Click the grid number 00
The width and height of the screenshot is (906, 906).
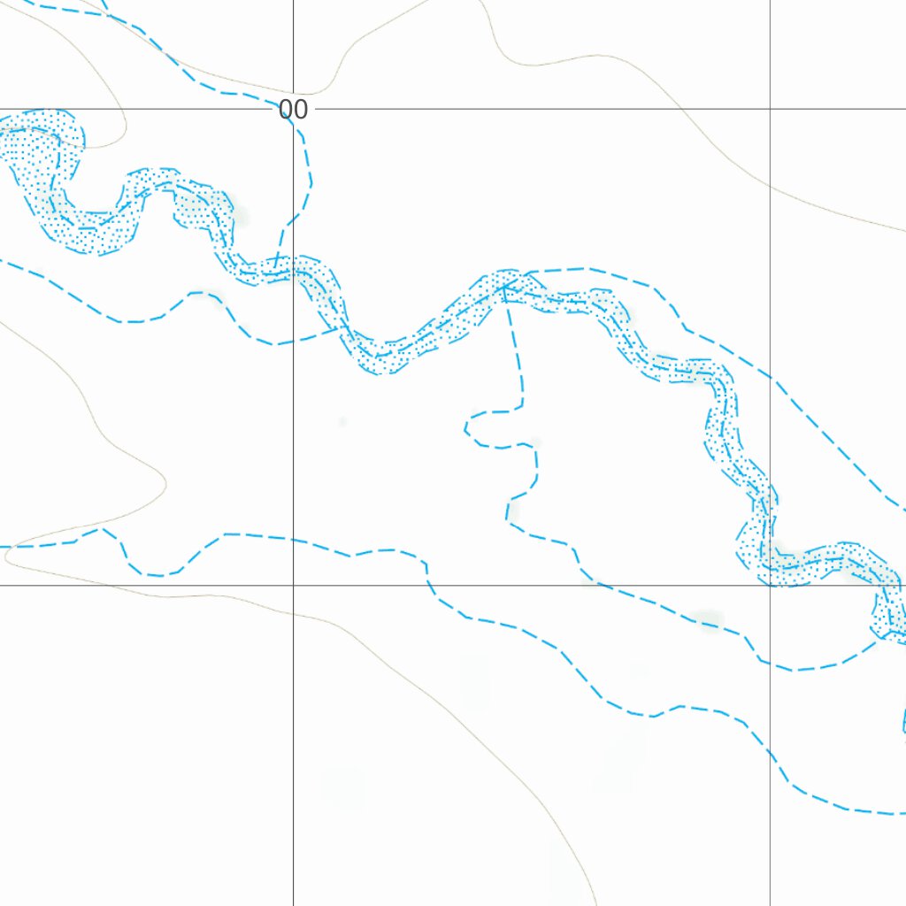293,111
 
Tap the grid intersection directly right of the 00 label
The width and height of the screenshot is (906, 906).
770,110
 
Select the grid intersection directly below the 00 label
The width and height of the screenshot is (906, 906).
293,585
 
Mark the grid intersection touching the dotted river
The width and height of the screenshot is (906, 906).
770,585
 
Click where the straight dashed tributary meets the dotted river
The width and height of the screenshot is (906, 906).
505,288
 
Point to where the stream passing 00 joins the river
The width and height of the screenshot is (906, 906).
276,268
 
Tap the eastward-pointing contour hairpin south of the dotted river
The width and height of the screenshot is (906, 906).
165,482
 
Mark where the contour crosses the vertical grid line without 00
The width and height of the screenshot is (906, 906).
770,188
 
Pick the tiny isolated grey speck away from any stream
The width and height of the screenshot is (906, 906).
342,421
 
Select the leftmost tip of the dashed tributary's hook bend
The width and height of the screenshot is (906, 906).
465,429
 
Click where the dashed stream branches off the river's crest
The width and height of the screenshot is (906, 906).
526,273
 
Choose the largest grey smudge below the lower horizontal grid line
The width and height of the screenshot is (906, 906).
343,786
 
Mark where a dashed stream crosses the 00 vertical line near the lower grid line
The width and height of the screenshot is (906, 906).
293,539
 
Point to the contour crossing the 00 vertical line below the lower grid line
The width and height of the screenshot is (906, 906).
293,610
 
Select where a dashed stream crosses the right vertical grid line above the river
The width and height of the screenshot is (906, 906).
770,378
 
